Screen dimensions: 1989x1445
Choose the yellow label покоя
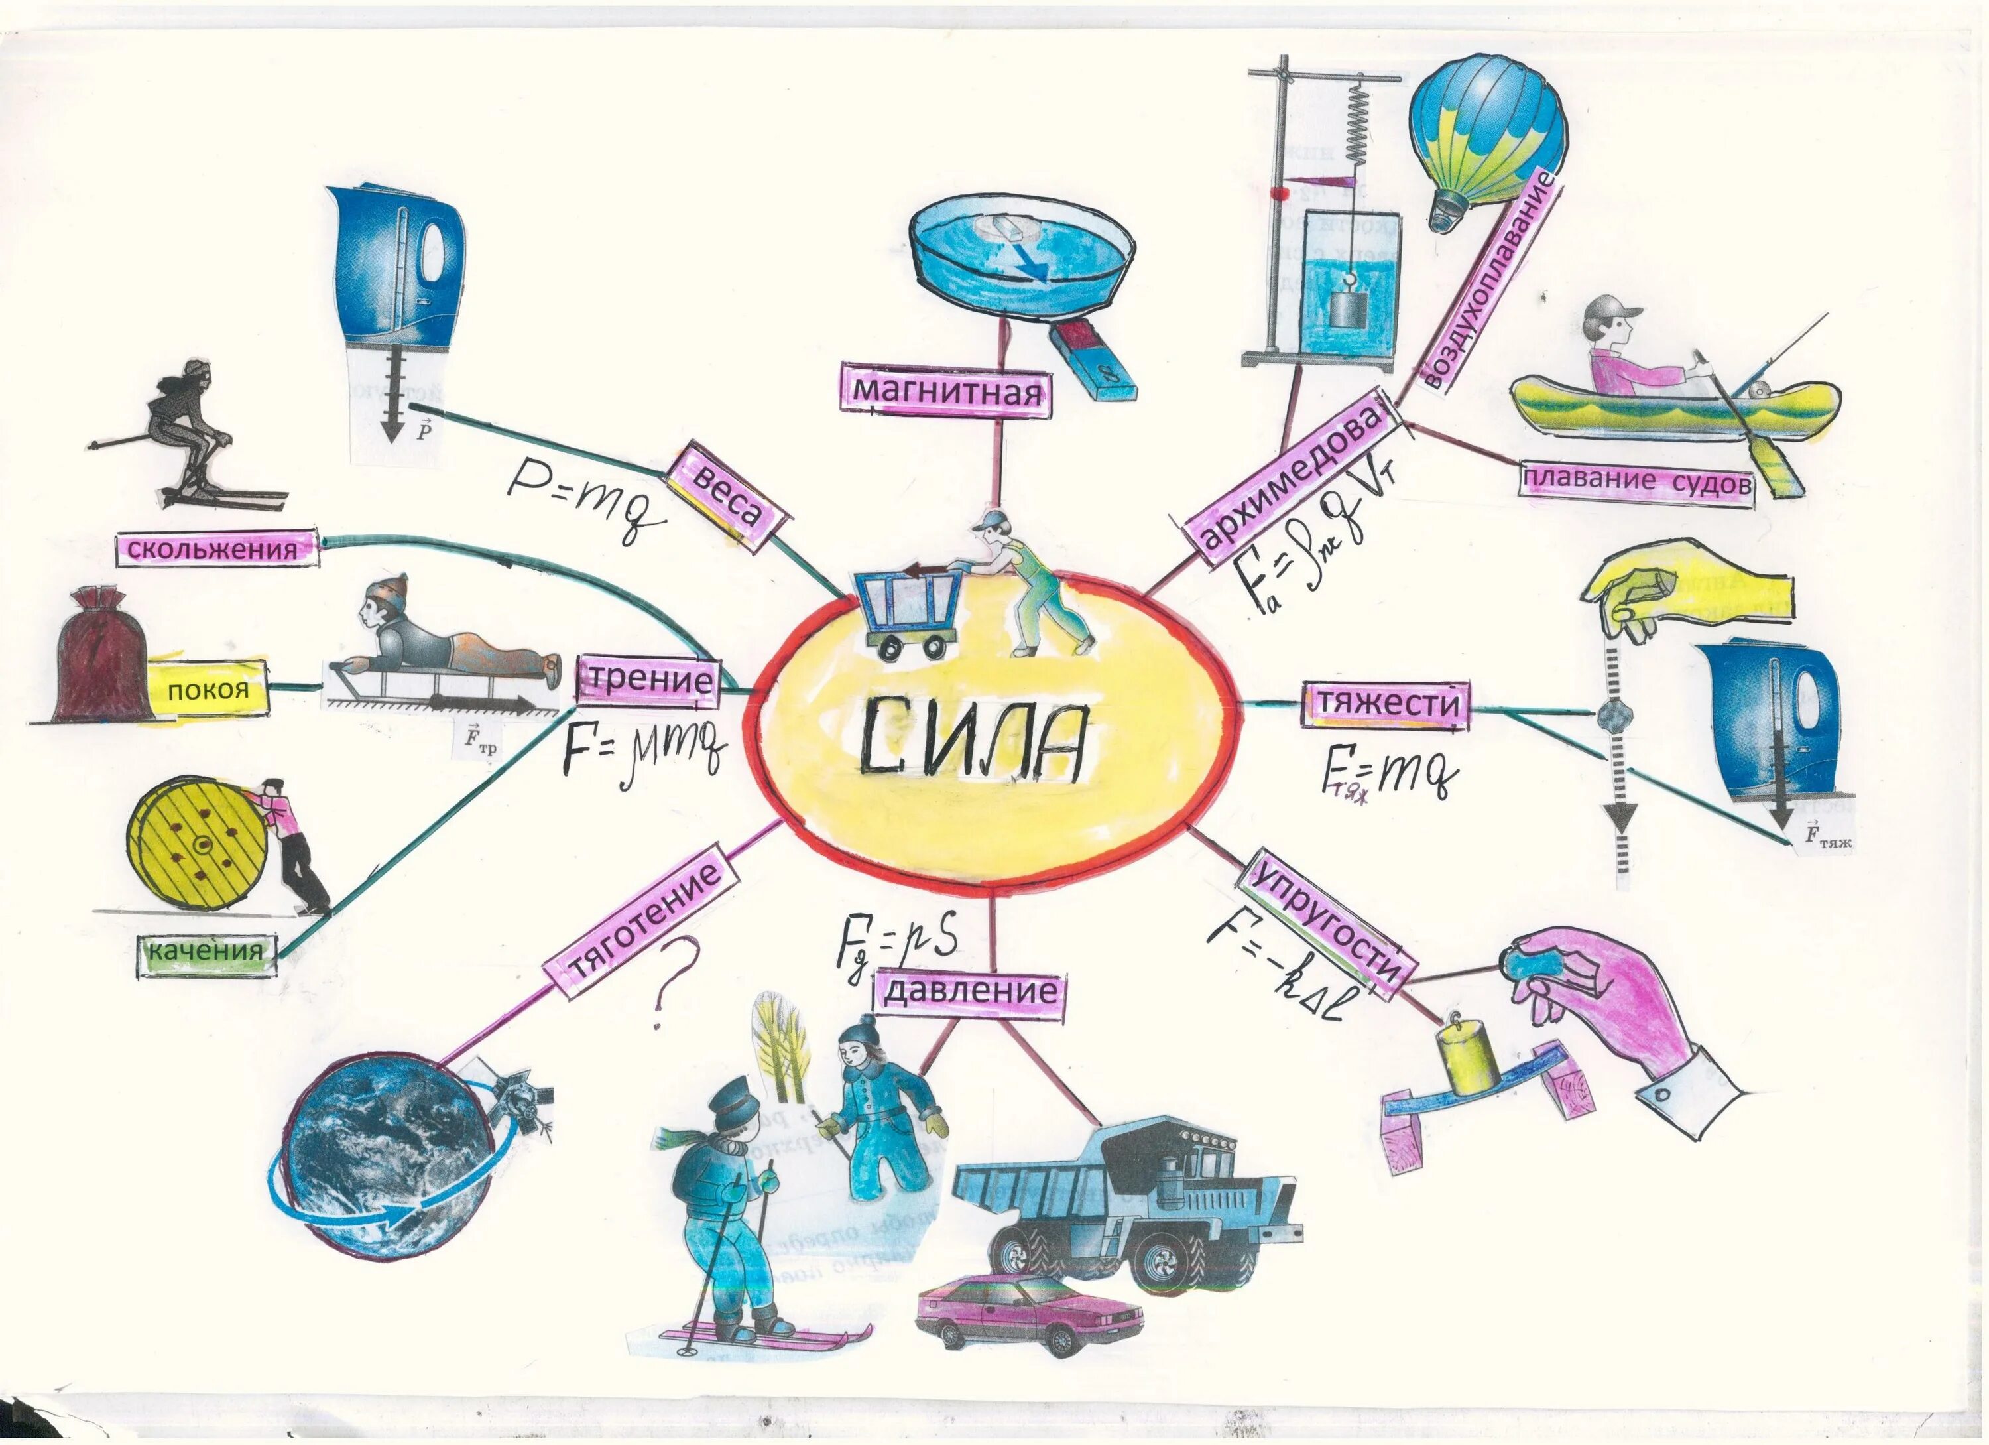(x=207, y=690)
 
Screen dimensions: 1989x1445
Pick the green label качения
(x=206, y=951)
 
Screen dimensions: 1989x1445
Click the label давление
(x=970, y=992)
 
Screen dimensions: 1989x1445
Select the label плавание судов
(x=1636, y=481)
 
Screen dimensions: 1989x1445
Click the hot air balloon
(x=1486, y=141)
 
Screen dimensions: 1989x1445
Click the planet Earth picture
(x=389, y=1157)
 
